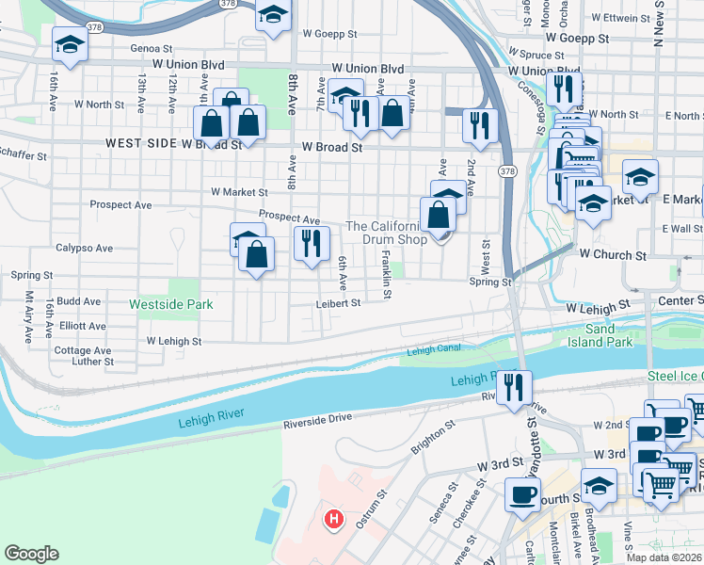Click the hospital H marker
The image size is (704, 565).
pyautogui.click(x=331, y=519)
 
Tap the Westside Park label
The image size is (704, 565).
pyautogui.click(x=171, y=305)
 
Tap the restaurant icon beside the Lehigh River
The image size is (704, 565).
pyautogui.click(x=514, y=387)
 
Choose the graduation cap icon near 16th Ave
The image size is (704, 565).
pyautogui.click(x=70, y=44)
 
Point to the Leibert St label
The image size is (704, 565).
pyautogui.click(x=338, y=303)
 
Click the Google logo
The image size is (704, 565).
pyautogui.click(x=32, y=554)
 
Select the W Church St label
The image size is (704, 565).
pyautogui.click(x=613, y=255)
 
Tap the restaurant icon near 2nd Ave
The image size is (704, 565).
pyautogui.click(x=480, y=125)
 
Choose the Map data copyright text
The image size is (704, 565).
pyautogui.click(x=664, y=557)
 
